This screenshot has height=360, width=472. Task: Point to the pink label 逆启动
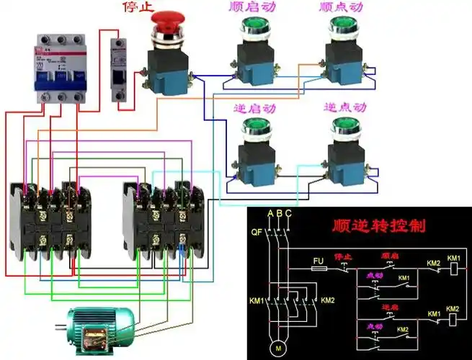[x=254, y=107]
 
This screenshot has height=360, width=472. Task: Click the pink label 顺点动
[x=342, y=9]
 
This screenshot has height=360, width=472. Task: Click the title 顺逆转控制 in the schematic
[x=378, y=225]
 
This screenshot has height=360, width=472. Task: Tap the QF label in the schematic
[x=256, y=233]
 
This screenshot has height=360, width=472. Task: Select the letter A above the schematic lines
[x=270, y=214]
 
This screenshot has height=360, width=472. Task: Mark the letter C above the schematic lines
[x=288, y=214]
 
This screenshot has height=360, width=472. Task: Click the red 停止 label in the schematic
[x=342, y=256]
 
